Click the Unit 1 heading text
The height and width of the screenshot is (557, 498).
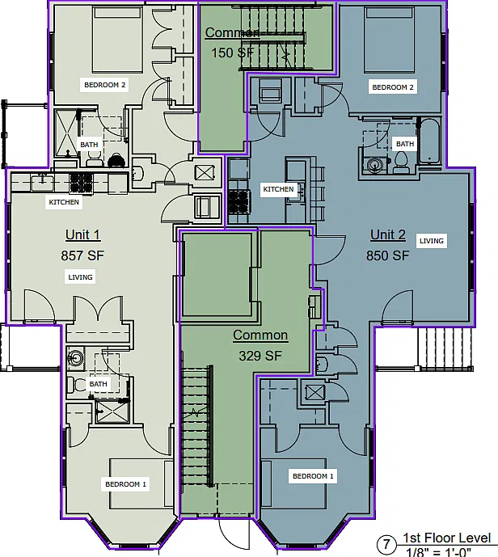click(83, 234)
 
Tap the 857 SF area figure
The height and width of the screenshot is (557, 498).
click(82, 255)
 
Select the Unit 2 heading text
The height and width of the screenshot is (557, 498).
click(388, 234)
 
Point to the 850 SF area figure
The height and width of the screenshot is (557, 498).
click(387, 255)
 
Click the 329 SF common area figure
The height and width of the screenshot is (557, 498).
click(260, 356)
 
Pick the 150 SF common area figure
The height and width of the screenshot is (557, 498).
click(233, 53)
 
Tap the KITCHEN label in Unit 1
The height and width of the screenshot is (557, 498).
click(64, 202)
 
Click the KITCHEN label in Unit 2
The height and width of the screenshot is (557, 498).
click(278, 189)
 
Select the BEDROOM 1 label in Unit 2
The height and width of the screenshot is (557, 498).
click(313, 476)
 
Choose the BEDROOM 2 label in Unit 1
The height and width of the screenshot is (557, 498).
click(105, 85)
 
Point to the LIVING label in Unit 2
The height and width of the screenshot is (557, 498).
click(432, 241)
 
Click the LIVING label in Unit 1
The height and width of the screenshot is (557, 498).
click(80, 277)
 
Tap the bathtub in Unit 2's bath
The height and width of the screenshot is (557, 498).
click(429, 141)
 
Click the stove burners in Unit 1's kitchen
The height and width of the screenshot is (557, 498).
click(82, 183)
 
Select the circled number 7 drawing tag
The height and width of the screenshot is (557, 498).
click(386, 544)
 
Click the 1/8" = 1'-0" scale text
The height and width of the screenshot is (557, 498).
click(439, 552)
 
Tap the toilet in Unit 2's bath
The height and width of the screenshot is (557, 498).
click(401, 162)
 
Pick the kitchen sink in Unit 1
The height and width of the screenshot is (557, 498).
click(42, 183)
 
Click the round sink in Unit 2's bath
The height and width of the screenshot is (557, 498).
click(374, 164)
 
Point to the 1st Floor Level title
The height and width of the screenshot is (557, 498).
click(447, 538)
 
